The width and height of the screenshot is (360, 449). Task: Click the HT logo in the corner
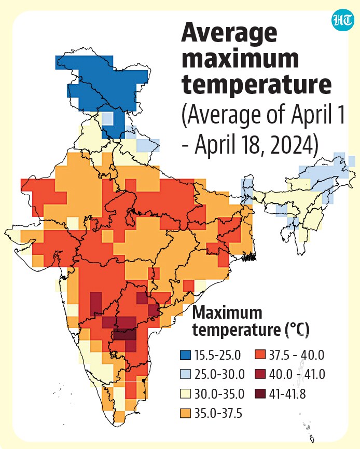(342, 21)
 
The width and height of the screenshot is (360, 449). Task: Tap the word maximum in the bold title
(240, 59)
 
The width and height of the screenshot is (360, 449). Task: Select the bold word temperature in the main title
(257, 85)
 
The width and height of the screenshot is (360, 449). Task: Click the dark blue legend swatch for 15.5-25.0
(185, 355)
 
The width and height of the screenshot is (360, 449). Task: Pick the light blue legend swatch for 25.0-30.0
(185, 374)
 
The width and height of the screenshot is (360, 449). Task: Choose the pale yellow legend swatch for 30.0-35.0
(185, 394)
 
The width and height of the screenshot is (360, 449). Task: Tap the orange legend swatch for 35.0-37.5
(185, 413)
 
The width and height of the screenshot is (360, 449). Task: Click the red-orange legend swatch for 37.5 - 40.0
(259, 355)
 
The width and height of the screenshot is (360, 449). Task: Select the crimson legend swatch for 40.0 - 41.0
(259, 374)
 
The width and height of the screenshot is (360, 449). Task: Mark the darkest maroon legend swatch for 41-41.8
(259, 394)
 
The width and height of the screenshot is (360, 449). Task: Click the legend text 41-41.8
(287, 394)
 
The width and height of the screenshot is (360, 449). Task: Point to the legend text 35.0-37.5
(218, 414)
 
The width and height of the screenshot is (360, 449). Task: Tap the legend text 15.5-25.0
(217, 355)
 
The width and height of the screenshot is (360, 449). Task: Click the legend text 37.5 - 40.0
(297, 355)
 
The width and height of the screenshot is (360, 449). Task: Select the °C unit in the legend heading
(298, 330)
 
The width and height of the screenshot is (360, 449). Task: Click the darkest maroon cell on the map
(125, 335)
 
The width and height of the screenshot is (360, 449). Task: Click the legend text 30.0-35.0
(219, 394)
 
